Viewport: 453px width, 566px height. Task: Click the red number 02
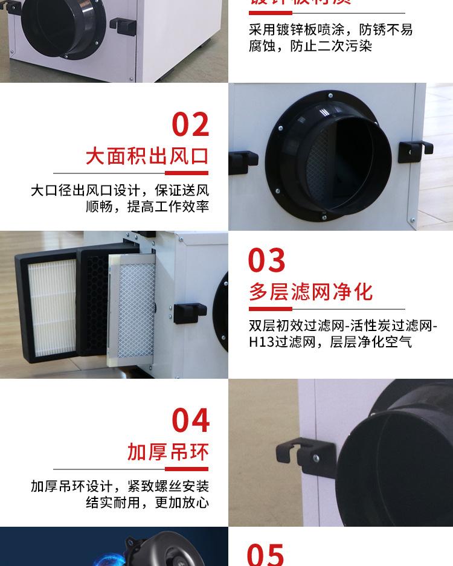(x=190, y=124)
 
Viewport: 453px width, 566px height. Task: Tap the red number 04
(x=190, y=420)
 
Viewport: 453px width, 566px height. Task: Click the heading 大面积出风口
(x=147, y=156)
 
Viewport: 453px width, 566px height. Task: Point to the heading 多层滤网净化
(x=311, y=292)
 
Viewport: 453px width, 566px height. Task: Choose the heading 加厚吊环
(x=167, y=451)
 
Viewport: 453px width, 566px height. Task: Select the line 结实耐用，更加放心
(x=147, y=503)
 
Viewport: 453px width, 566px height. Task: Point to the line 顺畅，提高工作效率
(x=147, y=207)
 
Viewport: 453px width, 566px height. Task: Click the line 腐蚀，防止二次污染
(x=310, y=46)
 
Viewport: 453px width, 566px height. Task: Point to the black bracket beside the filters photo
(x=190, y=312)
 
